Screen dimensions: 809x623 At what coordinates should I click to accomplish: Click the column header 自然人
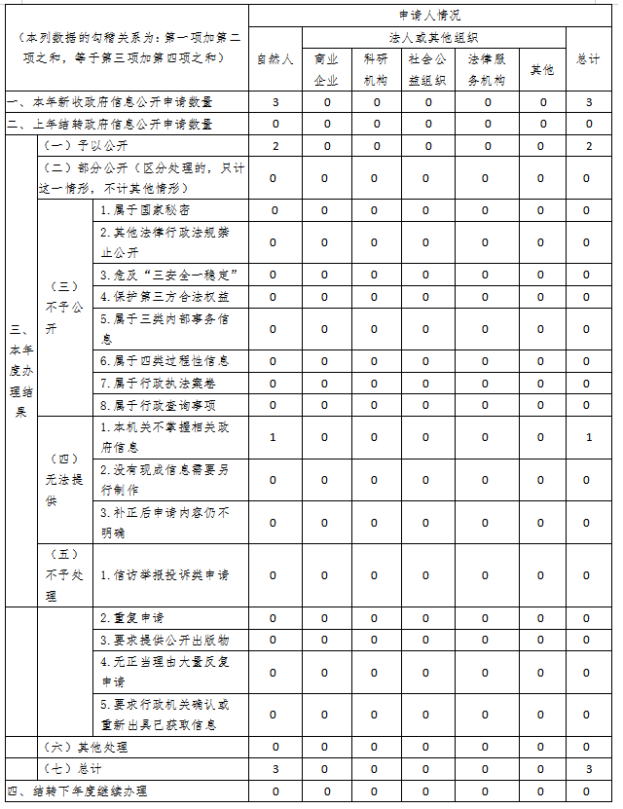pyautogui.click(x=275, y=59)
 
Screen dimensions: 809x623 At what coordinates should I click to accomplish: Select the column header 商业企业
pyautogui.click(x=326, y=69)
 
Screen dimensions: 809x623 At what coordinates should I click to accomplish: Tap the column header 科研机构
pyautogui.click(x=375, y=69)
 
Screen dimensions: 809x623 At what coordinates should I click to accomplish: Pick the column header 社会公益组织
pyautogui.click(x=425, y=69)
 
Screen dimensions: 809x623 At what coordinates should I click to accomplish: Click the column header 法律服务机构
pyautogui.click(x=486, y=69)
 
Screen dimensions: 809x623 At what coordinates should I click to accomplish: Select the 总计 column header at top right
pyautogui.click(x=588, y=59)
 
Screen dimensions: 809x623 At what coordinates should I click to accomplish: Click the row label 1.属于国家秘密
pyautogui.click(x=145, y=210)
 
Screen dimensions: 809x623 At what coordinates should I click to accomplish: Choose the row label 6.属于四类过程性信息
pyautogui.click(x=165, y=361)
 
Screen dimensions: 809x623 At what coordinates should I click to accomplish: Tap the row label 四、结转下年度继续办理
pyautogui.click(x=82, y=791)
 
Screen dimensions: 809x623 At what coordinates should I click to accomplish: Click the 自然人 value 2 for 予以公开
pyautogui.click(x=275, y=146)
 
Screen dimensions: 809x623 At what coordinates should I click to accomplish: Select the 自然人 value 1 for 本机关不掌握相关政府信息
pyautogui.click(x=275, y=437)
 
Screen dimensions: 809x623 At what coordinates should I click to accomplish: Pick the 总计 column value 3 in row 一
pyautogui.click(x=588, y=102)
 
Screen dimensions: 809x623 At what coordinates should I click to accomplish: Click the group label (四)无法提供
pyautogui.click(x=63, y=479)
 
